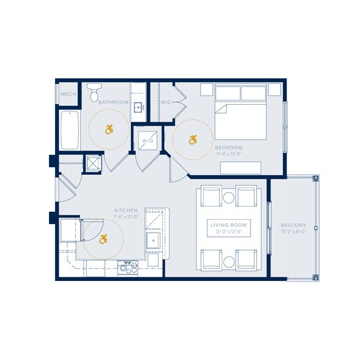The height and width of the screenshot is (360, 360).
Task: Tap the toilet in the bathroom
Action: pyautogui.click(x=94, y=94)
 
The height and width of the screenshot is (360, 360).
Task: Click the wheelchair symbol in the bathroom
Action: pyautogui.click(x=110, y=129)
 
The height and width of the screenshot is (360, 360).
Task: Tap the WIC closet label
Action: pyautogui.click(x=166, y=102)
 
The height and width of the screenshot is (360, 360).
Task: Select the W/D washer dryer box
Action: pyautogui.click(x=148, y=141)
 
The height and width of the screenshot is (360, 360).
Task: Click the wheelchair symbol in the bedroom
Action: pyautogui.click(x=193, y=140)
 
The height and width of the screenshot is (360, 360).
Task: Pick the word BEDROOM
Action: pyautogui.click(x=228, y=148)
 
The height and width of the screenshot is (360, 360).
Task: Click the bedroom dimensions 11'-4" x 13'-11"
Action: pyautogui.click(x=228, y=154)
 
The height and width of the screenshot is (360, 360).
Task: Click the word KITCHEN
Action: pyautogui.click(x=126, y=210)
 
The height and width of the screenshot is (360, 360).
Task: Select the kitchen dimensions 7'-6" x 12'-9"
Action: pyautogui.click(x=126, y=216)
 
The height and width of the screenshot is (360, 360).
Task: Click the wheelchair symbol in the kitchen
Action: pyautogui.click(x=103, y=239)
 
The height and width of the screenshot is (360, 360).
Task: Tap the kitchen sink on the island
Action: pyautogui.click(x=152, y=240)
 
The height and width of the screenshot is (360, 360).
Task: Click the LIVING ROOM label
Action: pyautogui.click(x=228, y=225)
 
